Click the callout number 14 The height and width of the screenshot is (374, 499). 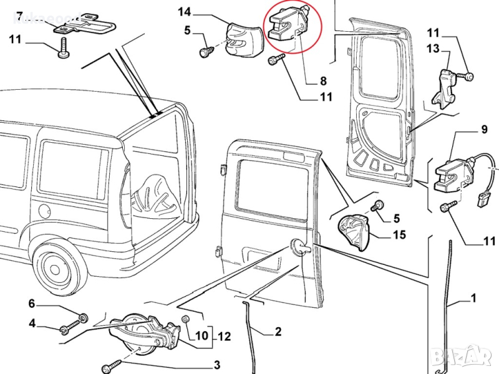click(x=184, y=11)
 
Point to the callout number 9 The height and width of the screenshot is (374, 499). click(x=483, y=131)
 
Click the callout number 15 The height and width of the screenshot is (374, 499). click(x=399, y=235)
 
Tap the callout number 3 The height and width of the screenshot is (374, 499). click(x=217, y=365)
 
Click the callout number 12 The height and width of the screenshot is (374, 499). click(x=224, y=337)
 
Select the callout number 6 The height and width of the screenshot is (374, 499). click(x=32, y=304)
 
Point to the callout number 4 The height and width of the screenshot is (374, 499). click(x=32, y=323)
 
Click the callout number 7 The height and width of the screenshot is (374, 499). click(x=19, y=14)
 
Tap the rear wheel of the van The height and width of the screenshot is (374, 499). click(x=57, y=268)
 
